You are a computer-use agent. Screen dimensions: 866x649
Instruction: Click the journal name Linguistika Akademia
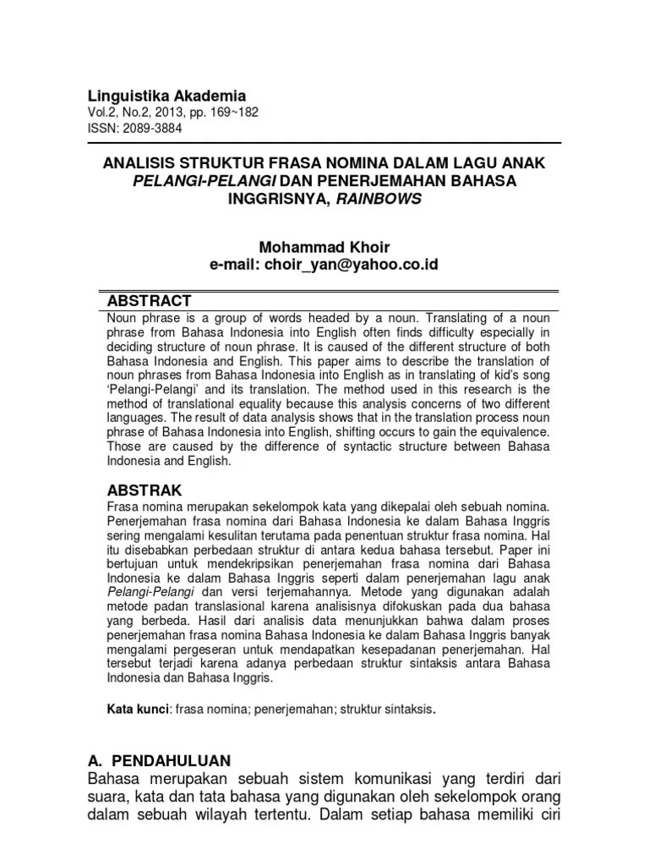coord(167,96)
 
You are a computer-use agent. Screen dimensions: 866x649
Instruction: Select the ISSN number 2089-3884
coord(152,129)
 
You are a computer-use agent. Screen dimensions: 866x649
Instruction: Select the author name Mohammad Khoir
coord(324,246)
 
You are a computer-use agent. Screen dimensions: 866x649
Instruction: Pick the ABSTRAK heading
coord(145,491)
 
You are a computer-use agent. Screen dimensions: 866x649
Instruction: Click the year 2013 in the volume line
coord(188,113)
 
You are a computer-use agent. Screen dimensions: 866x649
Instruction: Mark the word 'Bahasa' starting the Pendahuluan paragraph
coord(118,778)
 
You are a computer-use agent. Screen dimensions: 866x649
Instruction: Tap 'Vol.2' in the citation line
coord(103,113)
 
